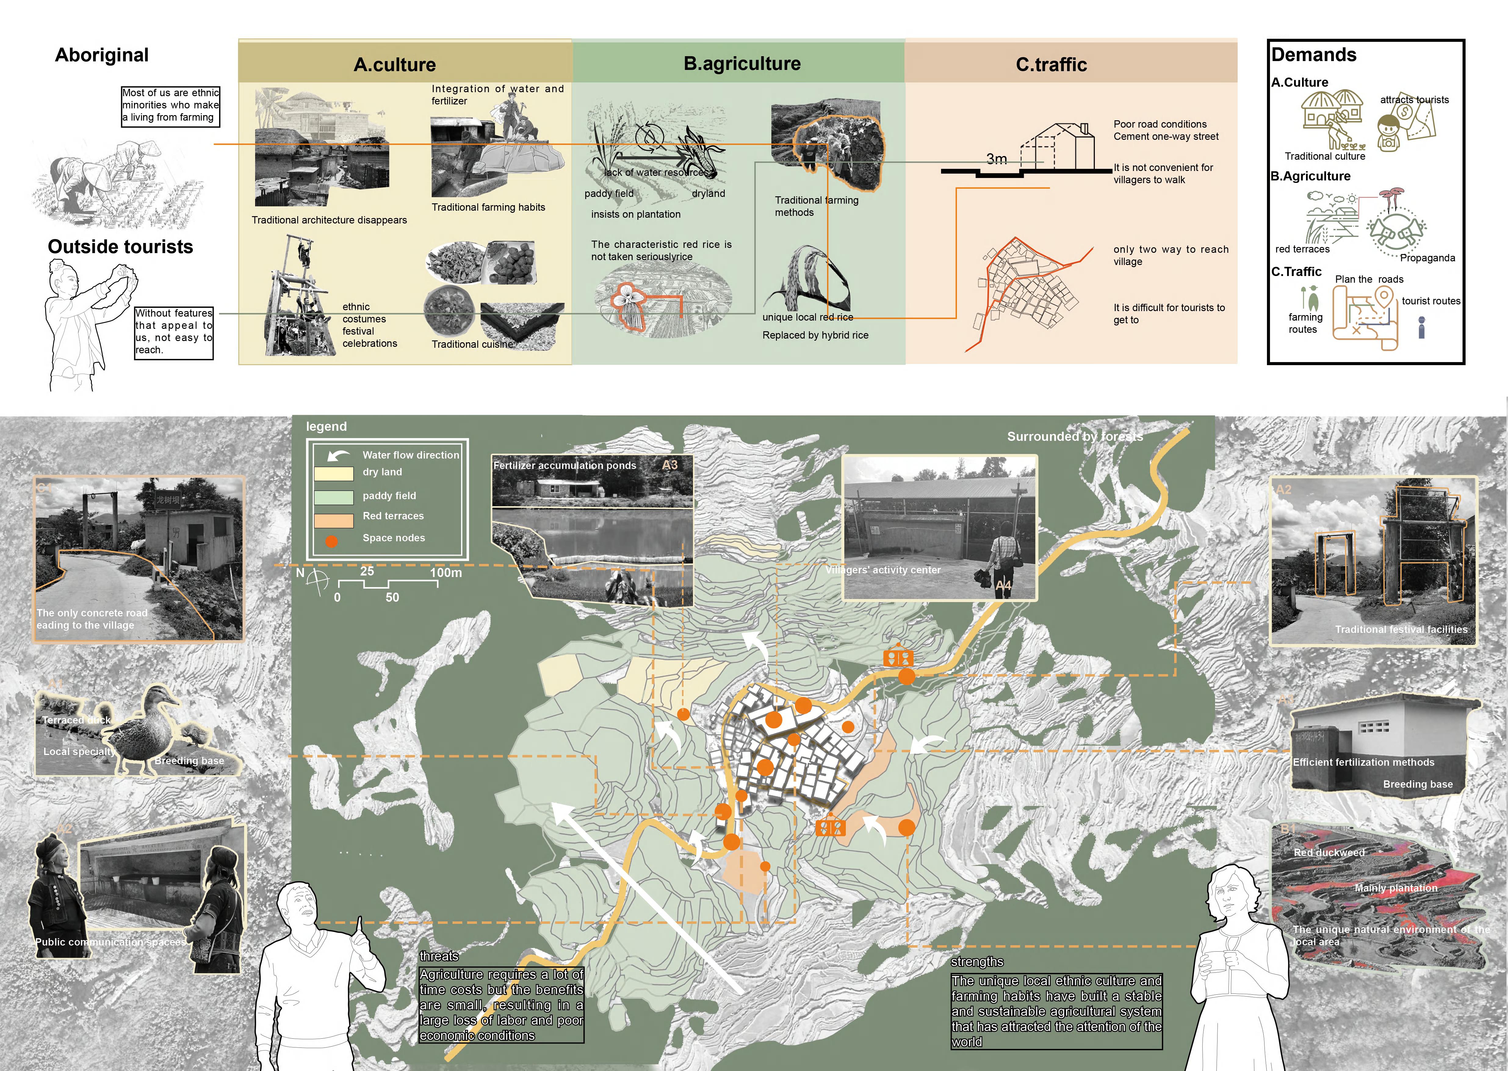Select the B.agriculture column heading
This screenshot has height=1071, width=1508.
[742, 64]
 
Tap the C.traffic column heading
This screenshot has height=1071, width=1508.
[1051, 65]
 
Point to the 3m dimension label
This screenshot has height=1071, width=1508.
[997, 159]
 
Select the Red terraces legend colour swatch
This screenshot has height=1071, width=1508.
[334, 520]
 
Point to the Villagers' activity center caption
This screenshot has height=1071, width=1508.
[883, 570]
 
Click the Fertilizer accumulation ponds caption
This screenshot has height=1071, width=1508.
[565, 466]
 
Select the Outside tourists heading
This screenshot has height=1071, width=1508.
[121, 247]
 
